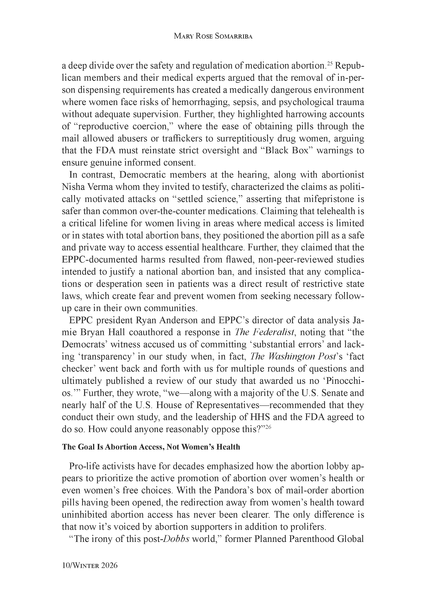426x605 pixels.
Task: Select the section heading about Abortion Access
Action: pyautogui.click(x=151, y=447)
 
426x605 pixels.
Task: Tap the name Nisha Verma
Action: pyautogui.click(x=87, y=187)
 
